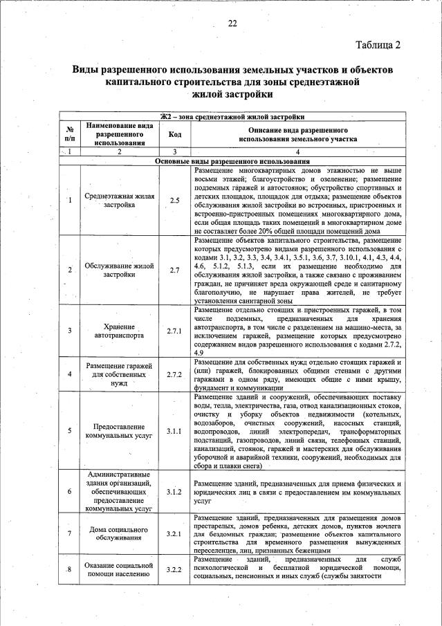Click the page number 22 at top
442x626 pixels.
pos(232,23)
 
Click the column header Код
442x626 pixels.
pos(175,134)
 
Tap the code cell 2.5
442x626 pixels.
pos(175,201)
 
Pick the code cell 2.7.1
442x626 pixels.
pos(175,331)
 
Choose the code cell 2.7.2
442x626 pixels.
pos(175,374)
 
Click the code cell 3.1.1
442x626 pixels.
pos(175,431)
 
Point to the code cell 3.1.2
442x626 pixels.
pos(175,492)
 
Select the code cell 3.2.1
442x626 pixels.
pos(175,534)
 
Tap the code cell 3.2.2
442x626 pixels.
pos(175,570)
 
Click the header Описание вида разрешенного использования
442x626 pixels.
pos(297,134)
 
